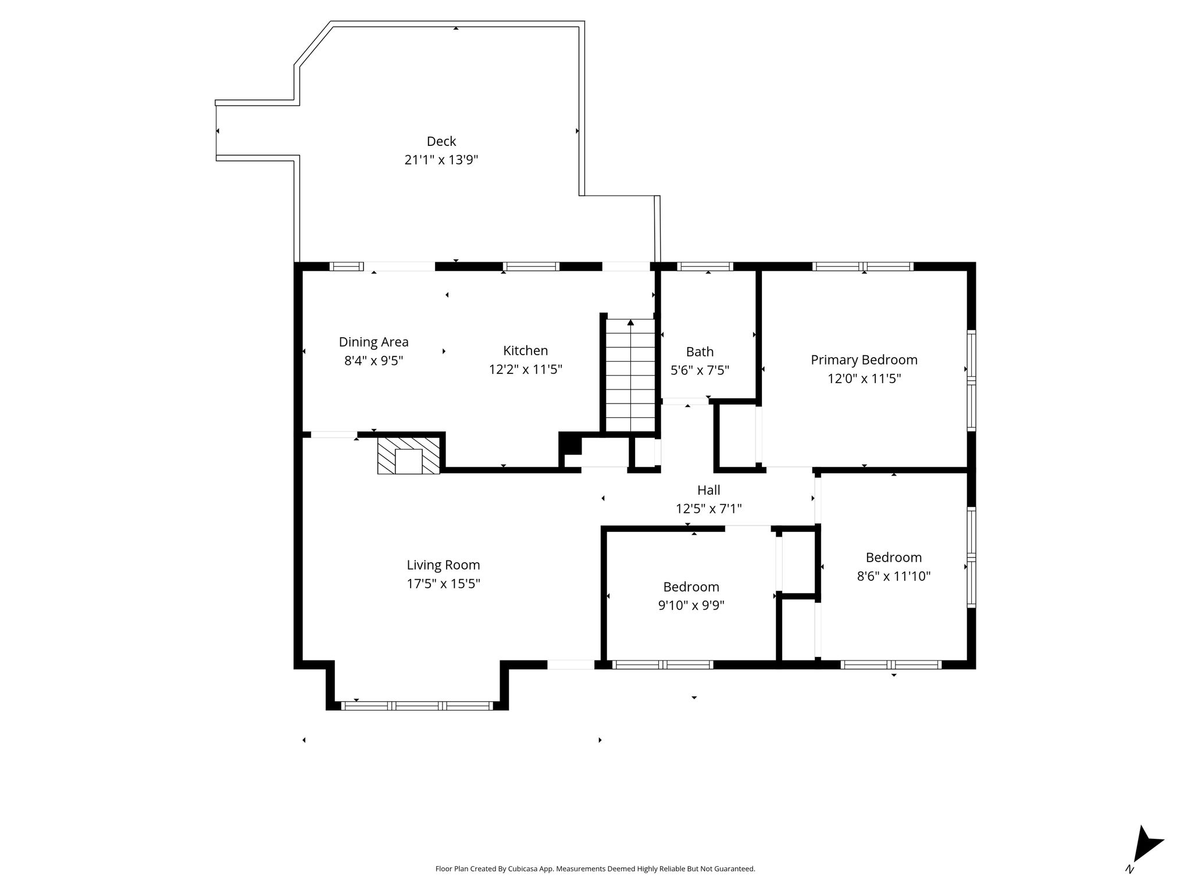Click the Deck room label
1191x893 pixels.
pos(441,141)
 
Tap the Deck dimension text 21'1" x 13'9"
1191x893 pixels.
pos(441,160)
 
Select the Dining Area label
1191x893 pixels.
pos(374,342)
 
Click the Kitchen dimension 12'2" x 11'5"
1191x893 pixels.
pos(526,369)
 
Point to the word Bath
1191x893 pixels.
pos(700,352)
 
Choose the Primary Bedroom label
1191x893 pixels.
pos(864,360)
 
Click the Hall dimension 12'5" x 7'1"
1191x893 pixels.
pos(709,509)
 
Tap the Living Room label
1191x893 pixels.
pos(443,565)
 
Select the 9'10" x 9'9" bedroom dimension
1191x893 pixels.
pos(691,606)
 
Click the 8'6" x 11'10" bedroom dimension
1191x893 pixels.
pos(894,576)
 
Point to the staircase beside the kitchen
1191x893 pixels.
pos(630,375)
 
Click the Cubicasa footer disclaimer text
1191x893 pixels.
pos(595,869)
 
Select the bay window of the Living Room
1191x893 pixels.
pos(416,706)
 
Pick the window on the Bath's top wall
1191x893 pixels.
pos(705,266)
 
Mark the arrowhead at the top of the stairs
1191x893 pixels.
pos(630,322)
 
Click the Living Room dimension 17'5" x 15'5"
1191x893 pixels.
pos(443,584)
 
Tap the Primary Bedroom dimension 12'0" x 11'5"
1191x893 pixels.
pos(864,378)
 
